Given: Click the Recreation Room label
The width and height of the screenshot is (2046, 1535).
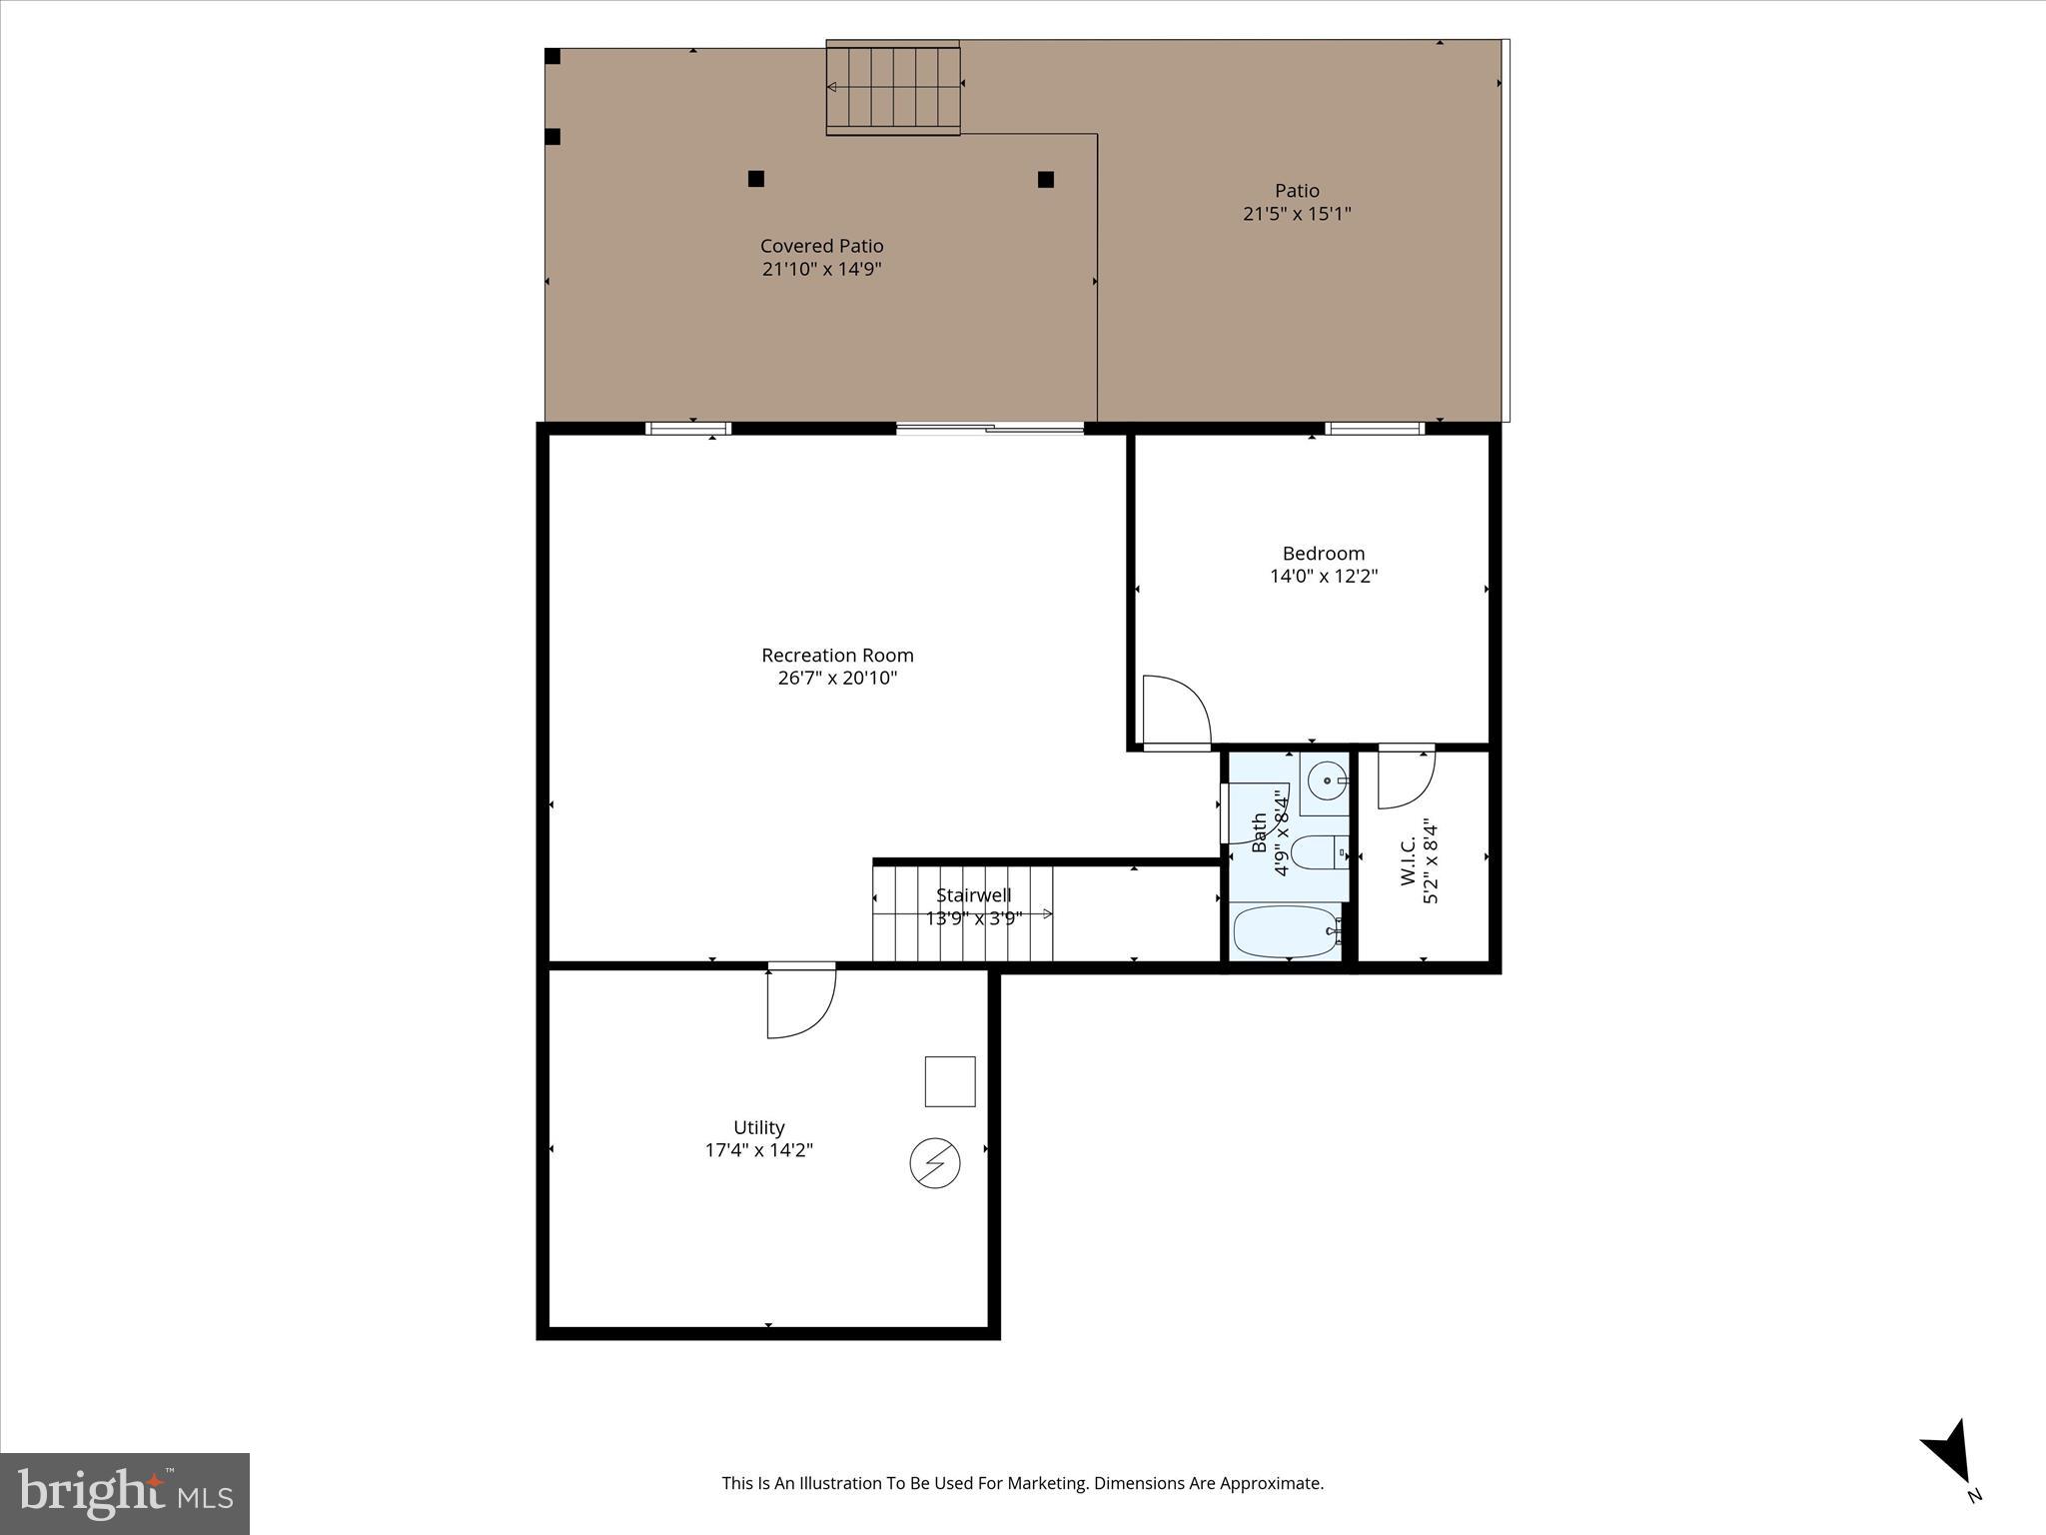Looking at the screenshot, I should [x=837, y=656].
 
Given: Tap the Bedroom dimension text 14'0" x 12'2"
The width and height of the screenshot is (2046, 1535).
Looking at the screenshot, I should [x=1324, y=577].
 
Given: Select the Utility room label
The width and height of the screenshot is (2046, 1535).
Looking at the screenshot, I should [x=759, y=1127].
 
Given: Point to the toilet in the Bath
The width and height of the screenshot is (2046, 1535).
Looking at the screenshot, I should [x=1317, y=853].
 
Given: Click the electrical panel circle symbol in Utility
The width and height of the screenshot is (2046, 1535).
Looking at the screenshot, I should [x=935, y=1164].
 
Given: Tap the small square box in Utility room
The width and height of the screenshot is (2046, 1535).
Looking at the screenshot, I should [x=950, y=1081].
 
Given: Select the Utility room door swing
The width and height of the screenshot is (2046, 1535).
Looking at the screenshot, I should [x=800, y=1003].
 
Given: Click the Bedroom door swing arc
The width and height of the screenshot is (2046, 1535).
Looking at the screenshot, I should [x=1176, y=711].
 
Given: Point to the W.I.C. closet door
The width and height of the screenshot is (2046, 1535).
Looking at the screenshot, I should [x=1406, y=777].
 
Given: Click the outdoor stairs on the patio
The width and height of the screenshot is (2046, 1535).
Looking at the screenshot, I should [x=893, y=88].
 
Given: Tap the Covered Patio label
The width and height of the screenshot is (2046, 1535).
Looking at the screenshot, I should [x=821, y=246].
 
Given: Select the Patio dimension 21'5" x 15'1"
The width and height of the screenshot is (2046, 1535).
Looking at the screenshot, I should [x=1297, y=214].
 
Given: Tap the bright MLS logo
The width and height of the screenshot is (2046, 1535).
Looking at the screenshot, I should [x=125, y=1493].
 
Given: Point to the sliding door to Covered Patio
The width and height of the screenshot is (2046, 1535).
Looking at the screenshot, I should [x=989, y=430].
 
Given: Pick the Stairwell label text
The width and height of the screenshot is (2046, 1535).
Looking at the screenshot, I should [x=973, y=895].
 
